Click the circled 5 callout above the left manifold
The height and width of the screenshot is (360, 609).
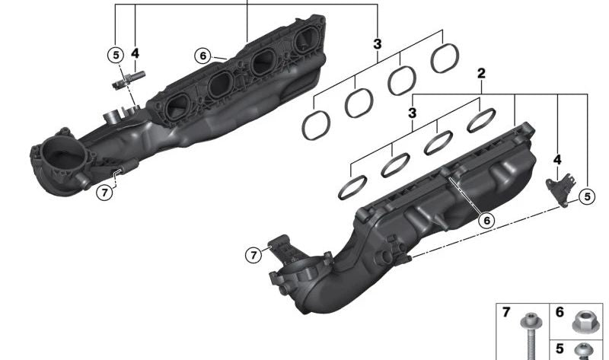click(x=116, y=55)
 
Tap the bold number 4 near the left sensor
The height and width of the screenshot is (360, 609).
click(x=135, y=53)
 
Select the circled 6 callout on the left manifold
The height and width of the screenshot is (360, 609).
click(x=202, y=56)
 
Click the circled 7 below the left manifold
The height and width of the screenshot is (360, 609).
click(x=104, y=193)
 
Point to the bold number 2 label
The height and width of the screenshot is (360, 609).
click(x=481, y=73)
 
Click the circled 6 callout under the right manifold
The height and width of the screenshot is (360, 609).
click(x=486, y=221)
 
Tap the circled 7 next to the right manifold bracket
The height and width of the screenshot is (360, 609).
click(x=253, y=255)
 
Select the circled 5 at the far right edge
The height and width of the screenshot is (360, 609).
click(x=587, y=197)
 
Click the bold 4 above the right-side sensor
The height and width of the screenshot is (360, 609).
click(x=557, y=160)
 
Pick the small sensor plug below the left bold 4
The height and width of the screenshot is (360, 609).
click(x=128, y=79)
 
